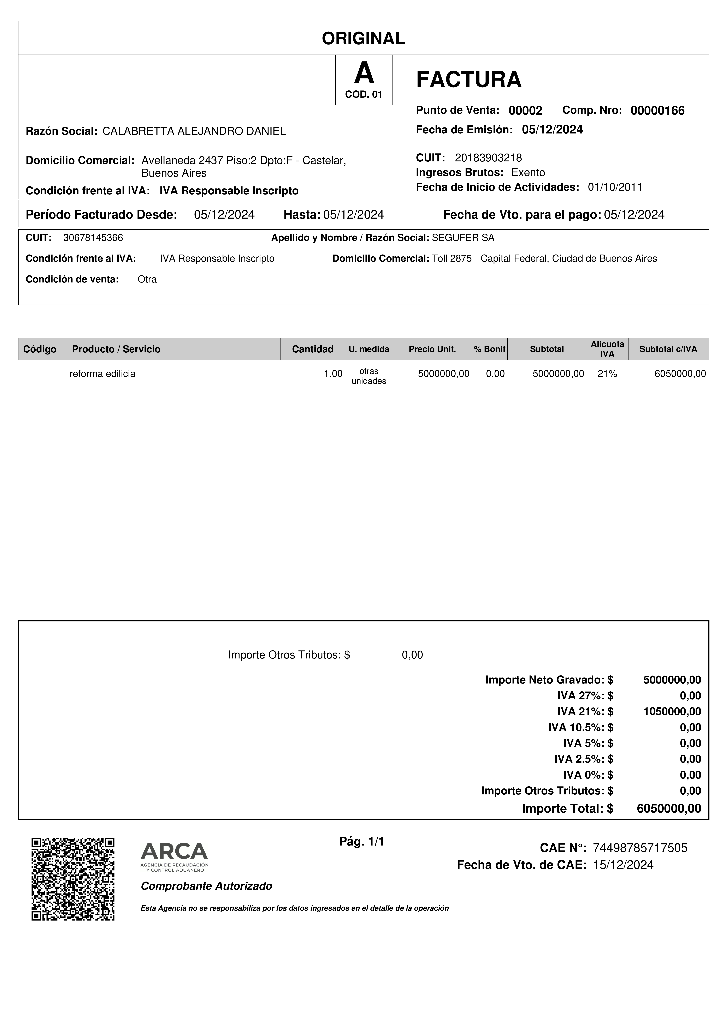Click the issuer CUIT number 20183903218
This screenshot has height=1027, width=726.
tap(488, 158)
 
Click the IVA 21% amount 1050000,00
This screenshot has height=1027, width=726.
tap(672, 711)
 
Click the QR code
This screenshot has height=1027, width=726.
tap(73, 878)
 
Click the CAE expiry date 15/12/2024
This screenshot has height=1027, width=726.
tap(623, 865)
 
